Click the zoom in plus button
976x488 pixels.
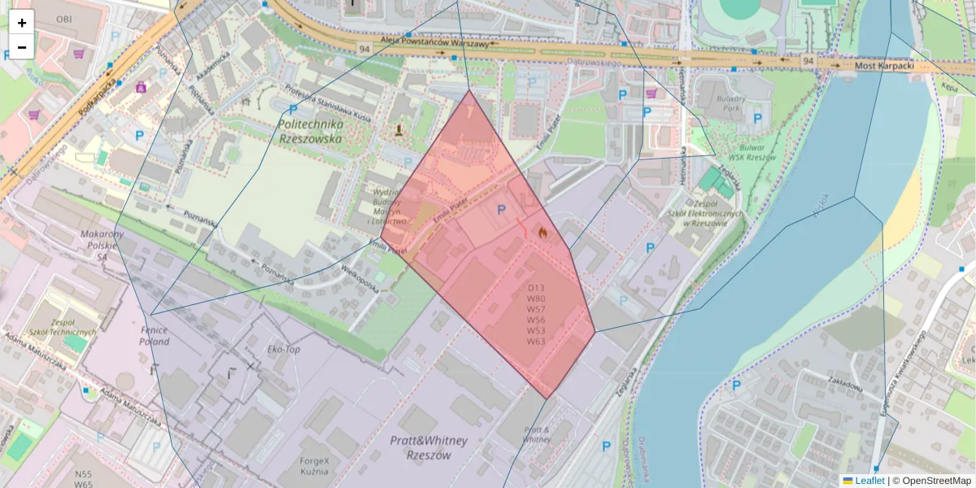tap(22, 23)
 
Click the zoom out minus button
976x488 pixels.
tap(22, 47)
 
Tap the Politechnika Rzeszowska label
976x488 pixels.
tap(310, 132)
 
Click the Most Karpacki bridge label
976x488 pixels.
tap(885, 63)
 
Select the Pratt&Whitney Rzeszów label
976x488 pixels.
tap(429, 447)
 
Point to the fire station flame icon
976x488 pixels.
tap(542, 232)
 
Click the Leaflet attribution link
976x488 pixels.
tap(869, 481)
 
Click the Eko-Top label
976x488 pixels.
tap(284, 349)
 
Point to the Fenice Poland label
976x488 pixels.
tap(154, 336)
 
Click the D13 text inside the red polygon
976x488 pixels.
tap(535, 288)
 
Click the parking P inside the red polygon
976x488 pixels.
tap(501, 211)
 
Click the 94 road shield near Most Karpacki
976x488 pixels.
tap(807, 61)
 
